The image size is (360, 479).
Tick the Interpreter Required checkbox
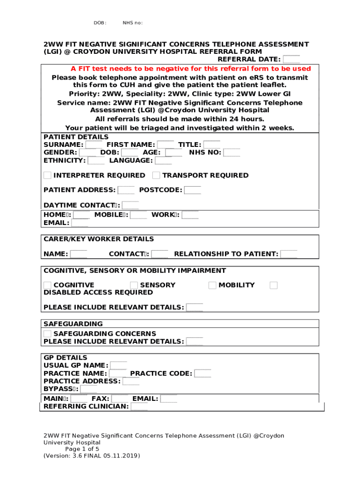[x=47, y=175]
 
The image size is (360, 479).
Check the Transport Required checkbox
[x=156, y=175]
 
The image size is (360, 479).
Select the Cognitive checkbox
[x=47, y=285]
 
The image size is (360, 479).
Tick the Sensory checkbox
[x=134, y=285]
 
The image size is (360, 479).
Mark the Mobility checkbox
[x=212, y=285]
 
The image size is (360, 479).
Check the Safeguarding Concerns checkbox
[x=47, y=334]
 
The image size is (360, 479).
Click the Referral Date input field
[x=292, y=59]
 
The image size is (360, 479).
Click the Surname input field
[x=94, y=145]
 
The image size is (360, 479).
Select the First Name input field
[x=166, y=145]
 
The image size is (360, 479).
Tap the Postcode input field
[x=193, y=190]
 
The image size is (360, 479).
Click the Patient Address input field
[x=126, y=190]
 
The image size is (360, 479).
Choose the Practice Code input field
[x=202, y=373]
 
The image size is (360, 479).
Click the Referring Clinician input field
[x=139, y=406]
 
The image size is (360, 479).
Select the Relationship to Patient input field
[x=288, y=254]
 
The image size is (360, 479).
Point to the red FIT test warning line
[x=191, y=69]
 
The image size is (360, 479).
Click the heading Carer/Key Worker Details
[x=98, y=239]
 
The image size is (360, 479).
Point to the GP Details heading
[x=65, y=358]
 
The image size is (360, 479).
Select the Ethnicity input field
[x=96, y=160]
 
